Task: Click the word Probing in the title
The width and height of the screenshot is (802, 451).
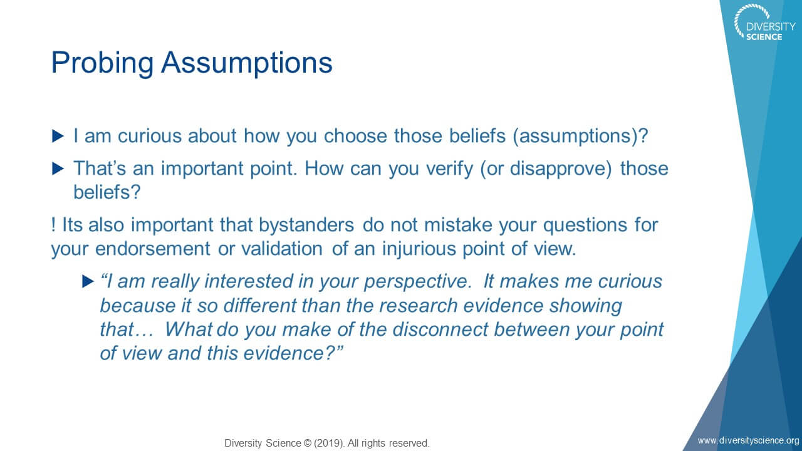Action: tap(102, 63)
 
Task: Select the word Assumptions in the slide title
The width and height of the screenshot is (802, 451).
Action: tap(247, 63)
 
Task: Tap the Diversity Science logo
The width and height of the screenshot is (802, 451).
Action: tap(764, 23)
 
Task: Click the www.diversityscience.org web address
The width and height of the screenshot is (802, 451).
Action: tap(749, 440)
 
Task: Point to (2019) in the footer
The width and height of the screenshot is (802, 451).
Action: tap(330, 443)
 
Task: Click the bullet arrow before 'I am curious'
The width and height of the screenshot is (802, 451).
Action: tap(58, 136)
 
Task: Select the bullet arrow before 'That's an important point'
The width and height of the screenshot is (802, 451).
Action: tap(58, 168)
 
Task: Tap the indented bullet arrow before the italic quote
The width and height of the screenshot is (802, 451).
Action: tap(88, 281)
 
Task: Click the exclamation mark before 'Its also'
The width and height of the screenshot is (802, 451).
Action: tap(53, 225)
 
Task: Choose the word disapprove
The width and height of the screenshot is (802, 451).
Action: tap(561, 169)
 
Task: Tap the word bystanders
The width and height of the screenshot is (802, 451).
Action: tap(306, 225)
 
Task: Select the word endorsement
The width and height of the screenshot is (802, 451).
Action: tap(152, 249)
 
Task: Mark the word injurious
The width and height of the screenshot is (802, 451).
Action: tap(419, 249)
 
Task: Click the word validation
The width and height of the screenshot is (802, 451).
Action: tap(282, 249)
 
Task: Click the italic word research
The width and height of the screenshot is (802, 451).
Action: tap(418, 306)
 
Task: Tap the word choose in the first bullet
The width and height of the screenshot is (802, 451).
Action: tap(355, 136)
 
